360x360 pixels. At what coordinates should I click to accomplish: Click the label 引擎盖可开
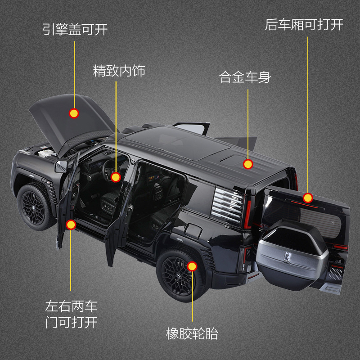tap(75, 30)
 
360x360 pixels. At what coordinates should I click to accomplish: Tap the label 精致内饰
tap(119, 71)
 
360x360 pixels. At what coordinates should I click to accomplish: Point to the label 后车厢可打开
tap(304, 25)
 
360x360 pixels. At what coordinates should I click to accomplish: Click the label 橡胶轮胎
tap(192, 334)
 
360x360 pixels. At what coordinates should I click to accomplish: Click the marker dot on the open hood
tap(74, 113)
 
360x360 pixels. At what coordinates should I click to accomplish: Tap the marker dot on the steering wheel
tap(116, 177)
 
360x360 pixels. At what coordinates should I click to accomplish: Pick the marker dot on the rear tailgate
tap(308, 198)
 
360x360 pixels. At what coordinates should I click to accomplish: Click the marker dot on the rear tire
tap(192, 266)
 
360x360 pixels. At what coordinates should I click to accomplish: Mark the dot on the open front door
tap(71, 225)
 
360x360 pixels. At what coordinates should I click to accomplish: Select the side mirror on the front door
tap(61, 167)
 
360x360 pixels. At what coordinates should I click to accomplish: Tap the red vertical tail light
tap(247, 213)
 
